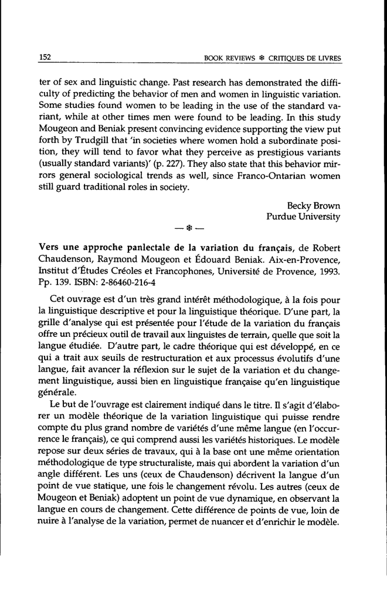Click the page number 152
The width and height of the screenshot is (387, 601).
click(x=46, y=57)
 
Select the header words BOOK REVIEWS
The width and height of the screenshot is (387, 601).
click(x=228, y=58)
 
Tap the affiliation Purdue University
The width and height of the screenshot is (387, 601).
click(x=303, y=216)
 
